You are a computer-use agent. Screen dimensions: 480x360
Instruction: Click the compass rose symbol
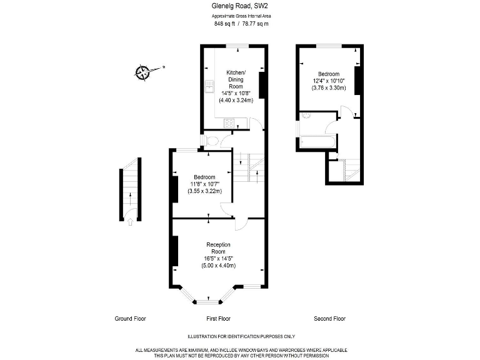[142, 72]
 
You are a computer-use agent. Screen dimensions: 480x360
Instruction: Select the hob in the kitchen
[229, 123]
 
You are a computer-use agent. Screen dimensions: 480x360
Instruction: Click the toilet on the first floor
[212, 141]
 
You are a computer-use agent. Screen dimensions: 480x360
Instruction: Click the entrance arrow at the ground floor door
[130, 222]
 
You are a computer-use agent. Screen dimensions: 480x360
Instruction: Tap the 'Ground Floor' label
[130, 319]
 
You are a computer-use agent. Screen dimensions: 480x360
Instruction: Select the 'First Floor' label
[218, 319]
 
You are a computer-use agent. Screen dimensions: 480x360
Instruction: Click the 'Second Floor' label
[330, 319]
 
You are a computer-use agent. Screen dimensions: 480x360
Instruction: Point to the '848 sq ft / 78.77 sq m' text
[241, 24]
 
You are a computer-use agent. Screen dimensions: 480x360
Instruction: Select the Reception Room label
[218, 248]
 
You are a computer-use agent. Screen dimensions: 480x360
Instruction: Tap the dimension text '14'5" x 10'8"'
[236, 93]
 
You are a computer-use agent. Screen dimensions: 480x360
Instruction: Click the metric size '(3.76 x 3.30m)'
[329, 88]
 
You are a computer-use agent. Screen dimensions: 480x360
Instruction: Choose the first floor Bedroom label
[204, 177]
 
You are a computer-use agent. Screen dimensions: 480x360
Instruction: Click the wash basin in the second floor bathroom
[306, 116]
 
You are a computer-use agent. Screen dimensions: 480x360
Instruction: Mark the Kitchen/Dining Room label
[236, 79]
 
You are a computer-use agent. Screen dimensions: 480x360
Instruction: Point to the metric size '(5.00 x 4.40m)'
[218, 266]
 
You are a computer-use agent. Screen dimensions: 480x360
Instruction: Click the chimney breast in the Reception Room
[176, 251]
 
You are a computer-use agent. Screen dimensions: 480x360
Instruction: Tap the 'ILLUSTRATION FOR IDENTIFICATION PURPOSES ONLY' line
[241, 336]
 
